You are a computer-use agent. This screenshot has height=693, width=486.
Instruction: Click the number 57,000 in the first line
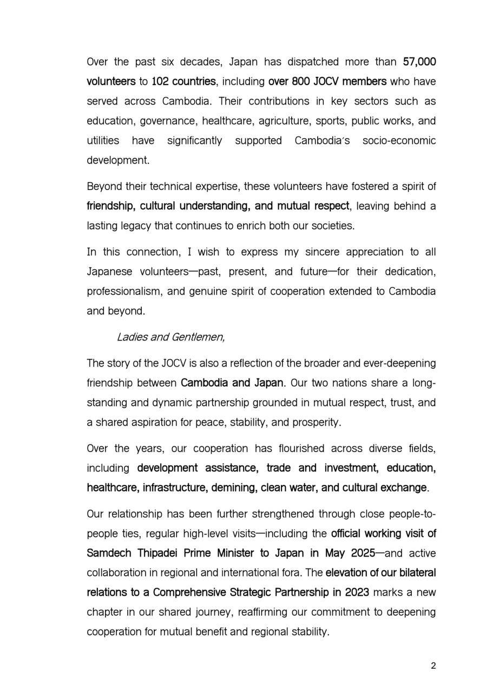(x=419, y=62)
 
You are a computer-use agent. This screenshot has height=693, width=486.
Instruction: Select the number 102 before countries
(x=160, y=82)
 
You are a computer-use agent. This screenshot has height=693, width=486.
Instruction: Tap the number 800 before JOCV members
(x=301, y=82)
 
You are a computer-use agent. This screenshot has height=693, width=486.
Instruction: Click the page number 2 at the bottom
(x=434, y=666)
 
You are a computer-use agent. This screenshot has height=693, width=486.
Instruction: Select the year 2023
(x=356, y=593)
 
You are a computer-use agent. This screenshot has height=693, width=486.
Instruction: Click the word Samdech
(x=107, y=553)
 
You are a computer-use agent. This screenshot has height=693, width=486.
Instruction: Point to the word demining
(x=234, y=488)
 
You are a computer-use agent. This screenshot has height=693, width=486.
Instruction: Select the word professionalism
(x=124, y=291)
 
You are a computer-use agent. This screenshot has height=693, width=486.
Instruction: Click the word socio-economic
(x=399, y=141)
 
